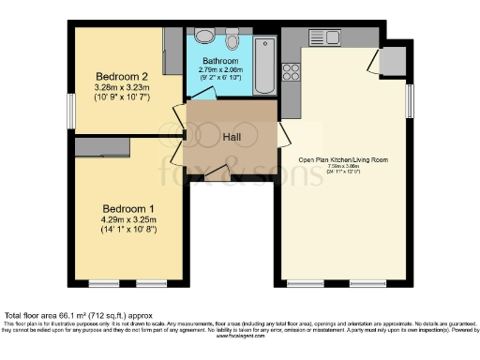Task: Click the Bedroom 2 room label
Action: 123,77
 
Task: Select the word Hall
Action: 232,138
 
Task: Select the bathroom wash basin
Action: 203,38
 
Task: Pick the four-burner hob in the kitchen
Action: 292,69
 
